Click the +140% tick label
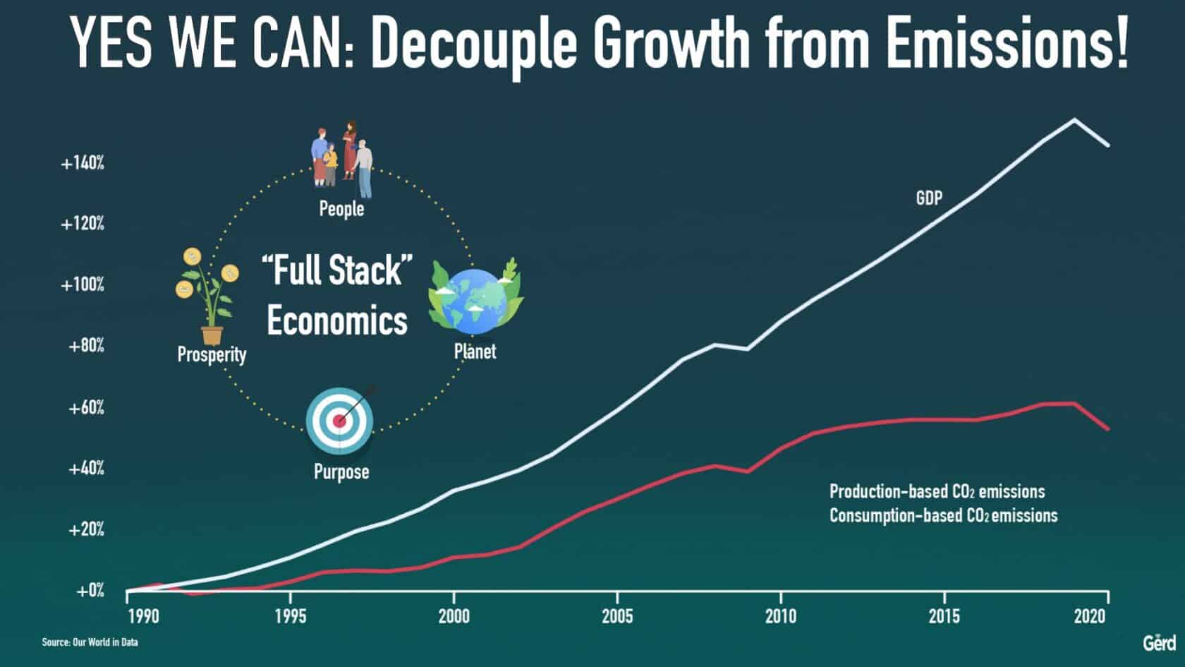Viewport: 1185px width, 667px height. click(x=83, y=163)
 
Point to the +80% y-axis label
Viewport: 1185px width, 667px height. click(x=86, y=346)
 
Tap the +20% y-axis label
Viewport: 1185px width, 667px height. click(x=86, y=529)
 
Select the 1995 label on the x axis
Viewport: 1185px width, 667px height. click(x=291, y=616)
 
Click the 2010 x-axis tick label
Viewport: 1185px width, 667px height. click(x=781, y=616)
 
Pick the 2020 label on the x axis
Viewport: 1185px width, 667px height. click(x=1090, y=616)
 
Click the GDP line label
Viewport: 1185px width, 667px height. click(x=929, y=198)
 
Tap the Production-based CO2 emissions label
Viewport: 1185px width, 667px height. click(x=937, y=491)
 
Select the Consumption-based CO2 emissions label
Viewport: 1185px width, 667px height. click(x=943, y=515)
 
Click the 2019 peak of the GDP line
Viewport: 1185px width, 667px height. click(x=1074, y=120)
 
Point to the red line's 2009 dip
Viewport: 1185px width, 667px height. click(x=748, y=471)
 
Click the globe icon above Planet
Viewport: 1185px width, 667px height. click(x=475, y=299)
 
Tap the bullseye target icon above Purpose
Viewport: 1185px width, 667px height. click(x=341, y=421)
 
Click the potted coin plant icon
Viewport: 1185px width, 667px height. click(x=207, y=296)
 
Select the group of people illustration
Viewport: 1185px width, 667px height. click(x=341, y=160)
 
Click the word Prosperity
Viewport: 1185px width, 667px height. click(x=212, y=354)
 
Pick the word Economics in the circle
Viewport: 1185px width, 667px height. click(x=337, y=320)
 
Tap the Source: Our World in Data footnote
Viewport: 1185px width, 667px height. click(x=90, y=642)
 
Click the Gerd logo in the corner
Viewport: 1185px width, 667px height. click(x=1159, y=643)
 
